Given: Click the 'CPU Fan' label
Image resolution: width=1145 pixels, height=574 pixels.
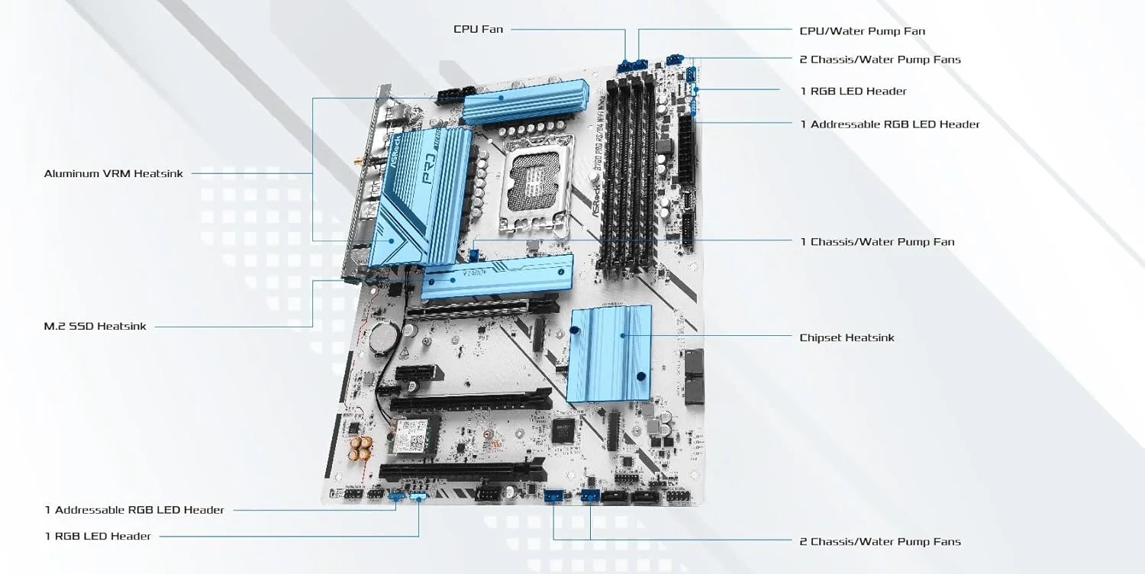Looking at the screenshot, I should point(479,29).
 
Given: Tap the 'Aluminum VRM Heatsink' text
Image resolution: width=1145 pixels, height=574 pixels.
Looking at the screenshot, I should point(114,173).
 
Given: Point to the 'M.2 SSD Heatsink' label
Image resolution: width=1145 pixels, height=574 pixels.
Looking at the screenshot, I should point(95,327).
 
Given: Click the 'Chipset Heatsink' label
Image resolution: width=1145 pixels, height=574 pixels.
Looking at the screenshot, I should point(847,337).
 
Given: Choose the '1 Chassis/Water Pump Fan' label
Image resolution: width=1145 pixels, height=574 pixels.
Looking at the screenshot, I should point(877,242).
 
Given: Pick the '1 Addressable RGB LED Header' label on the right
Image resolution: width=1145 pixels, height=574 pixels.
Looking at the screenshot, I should point(889,124).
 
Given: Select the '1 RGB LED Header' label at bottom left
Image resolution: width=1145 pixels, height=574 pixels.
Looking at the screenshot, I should point(98,536).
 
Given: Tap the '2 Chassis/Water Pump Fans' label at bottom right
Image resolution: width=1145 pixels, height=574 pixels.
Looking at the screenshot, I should point(879,542).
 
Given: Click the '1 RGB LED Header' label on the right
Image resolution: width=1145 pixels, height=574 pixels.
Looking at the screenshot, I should point(853,92).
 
